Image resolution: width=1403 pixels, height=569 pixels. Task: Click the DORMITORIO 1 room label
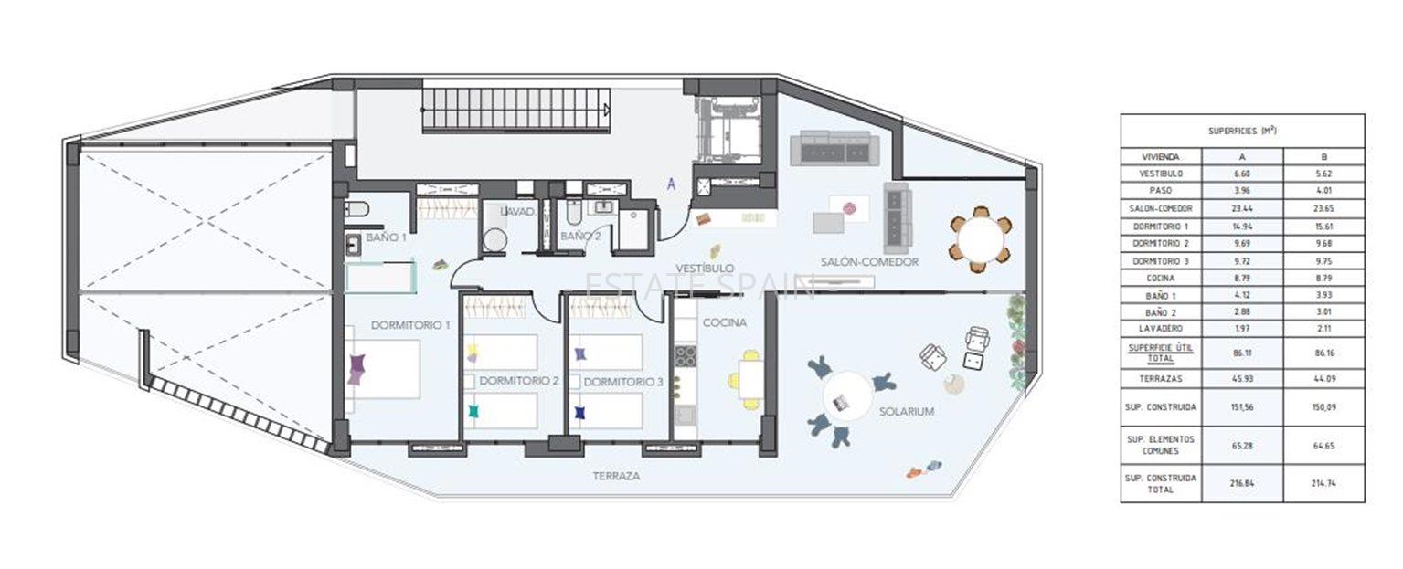tap(410, 325)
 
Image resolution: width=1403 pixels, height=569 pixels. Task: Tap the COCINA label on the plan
tap(724, 322)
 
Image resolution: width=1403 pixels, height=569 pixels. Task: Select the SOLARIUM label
tap(906, 412)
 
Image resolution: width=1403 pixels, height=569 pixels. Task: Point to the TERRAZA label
tap(615, 477)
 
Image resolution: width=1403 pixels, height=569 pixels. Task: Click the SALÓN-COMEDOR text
tap(868, 262)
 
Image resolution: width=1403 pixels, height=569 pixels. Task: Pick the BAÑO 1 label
tap(386, 237)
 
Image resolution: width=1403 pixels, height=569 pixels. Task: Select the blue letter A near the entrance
tap(672, 184)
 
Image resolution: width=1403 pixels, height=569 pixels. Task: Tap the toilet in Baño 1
tap(357, 209)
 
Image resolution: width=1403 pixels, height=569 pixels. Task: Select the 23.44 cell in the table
tap(1242, 208)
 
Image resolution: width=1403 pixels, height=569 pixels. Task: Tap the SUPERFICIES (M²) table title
tap(1242, 131)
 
